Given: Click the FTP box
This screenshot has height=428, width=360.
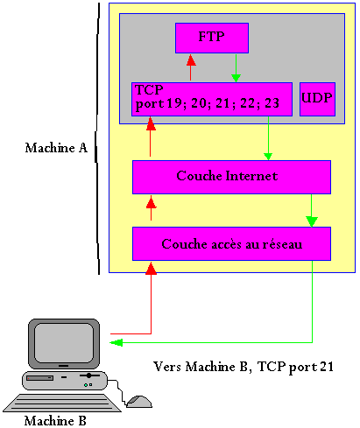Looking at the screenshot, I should click(x=212, y=38).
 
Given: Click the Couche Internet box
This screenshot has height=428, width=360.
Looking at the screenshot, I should click(x=231, y=176).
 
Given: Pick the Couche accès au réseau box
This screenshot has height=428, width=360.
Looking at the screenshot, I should click(x=231, y=243).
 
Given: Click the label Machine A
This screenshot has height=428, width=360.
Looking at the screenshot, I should click(x=56, y=148).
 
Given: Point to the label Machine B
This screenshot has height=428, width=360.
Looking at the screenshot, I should click(x=55, y=420).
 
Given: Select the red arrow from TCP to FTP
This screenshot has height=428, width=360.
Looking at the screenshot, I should click(x=189, y=67).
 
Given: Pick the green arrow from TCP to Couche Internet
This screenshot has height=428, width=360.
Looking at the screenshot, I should click(x=268, y=140).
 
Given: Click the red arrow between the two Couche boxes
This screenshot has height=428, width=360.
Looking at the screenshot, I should click(x=151, y=208).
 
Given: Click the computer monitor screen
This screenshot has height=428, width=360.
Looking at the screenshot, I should click(x=60, y=342).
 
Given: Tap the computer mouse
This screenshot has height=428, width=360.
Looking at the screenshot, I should click(x=138, y=402).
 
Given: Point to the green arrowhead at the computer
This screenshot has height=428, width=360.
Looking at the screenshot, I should click(x=116, y=341).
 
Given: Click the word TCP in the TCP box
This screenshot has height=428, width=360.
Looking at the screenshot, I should click(x=148, y=90).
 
